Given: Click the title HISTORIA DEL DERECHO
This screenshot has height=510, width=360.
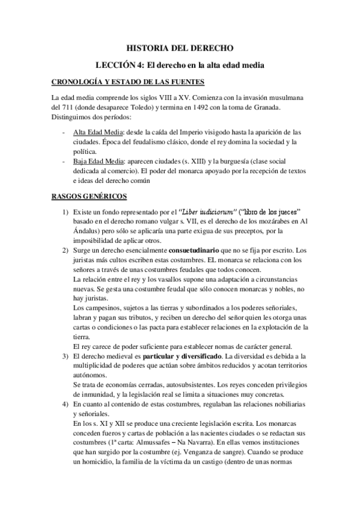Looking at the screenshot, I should [180, 47].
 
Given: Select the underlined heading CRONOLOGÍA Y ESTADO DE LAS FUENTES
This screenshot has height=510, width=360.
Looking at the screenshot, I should [128, 82].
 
